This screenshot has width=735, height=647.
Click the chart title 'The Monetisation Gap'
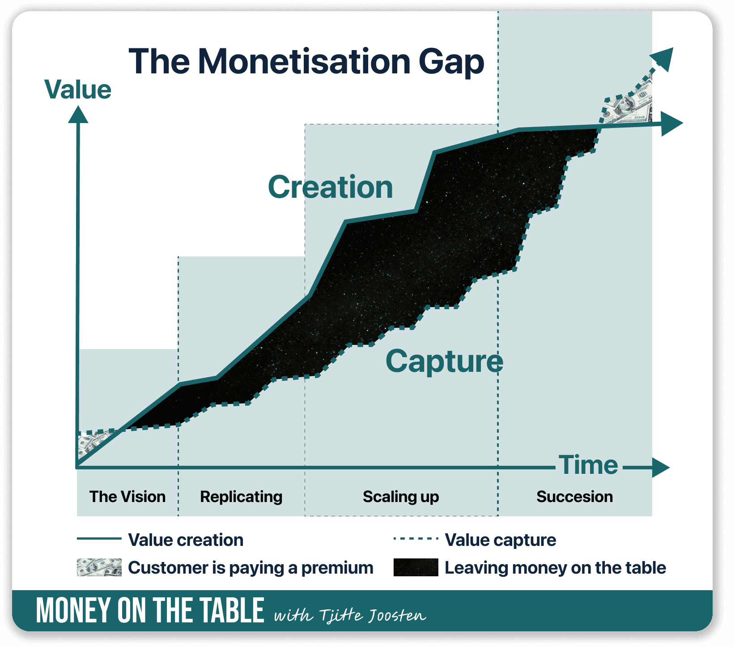tap(306, 62)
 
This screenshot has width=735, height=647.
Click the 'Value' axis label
tap(78, 89)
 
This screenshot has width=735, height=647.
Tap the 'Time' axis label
tap(588, 465)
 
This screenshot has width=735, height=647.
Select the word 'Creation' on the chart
tap(330, 187)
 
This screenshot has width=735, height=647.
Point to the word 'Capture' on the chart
tap(444, 361)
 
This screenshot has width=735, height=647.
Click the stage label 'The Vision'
tap(127, 497)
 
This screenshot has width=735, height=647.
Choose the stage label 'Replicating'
tap(241, 497)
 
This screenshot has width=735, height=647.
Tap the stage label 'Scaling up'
tap(401, 497)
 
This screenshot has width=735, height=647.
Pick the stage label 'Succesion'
tap(574, 497)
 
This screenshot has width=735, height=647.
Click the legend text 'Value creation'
tap(186, 540)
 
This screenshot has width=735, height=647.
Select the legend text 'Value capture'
tap(500, 540)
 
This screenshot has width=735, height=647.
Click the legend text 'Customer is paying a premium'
tap(251, 568)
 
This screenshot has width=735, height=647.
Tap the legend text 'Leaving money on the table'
tap(555, 568)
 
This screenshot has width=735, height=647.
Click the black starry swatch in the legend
tap(416, 567)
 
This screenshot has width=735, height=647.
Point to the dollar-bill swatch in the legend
tap(99, 567)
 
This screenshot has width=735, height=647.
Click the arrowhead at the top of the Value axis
tap(78, 115)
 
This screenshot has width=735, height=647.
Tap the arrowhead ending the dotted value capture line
tap(663, 58)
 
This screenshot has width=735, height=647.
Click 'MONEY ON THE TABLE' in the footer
tap(150, 611)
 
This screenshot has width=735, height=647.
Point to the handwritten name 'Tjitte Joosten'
tap(373, 616)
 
